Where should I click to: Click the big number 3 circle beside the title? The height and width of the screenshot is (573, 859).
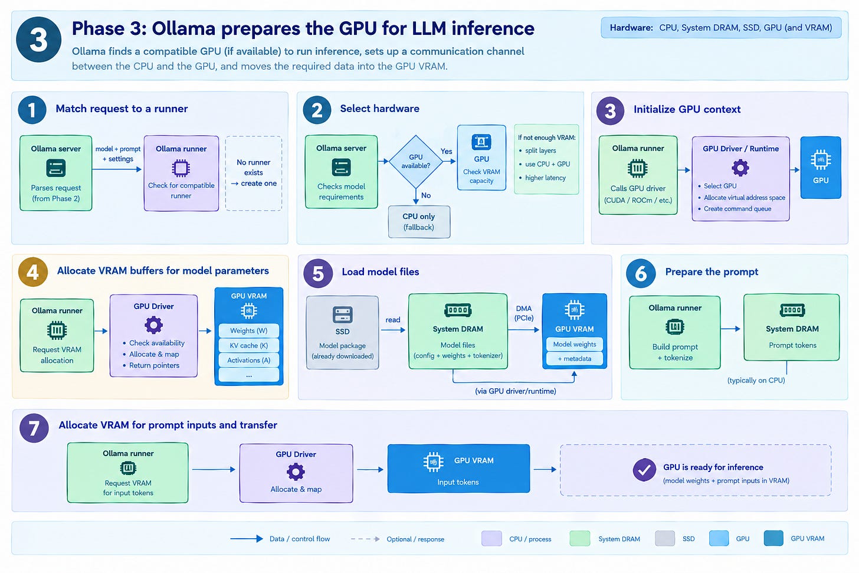(x=38, y=40)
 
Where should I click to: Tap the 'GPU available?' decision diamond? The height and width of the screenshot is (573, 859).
(x=416, y=161)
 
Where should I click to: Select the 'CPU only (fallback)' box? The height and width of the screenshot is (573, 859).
(x=419, y=222)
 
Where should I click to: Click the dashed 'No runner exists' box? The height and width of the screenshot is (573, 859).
(x=254, y=173)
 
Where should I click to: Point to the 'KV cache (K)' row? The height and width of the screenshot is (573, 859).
(x=248, y=345)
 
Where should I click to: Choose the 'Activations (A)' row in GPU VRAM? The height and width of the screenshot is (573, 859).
(x=248, y=360)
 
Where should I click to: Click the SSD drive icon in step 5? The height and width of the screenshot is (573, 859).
(x=342, y=315)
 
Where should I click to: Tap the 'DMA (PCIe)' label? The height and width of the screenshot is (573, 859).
(x=524, y=313)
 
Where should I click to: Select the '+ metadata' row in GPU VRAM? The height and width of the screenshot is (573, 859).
(x=574, y=359)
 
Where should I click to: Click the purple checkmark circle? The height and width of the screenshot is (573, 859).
(x=644, y=470)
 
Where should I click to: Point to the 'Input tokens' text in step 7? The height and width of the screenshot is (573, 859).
(x=458, y=482)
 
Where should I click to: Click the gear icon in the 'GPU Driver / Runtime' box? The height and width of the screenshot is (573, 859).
(x=740, y=168)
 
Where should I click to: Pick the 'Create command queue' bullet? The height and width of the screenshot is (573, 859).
(x=735, y=209)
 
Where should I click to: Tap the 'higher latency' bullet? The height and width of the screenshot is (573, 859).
(x=542, y=178)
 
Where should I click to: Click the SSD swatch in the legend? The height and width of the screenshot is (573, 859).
(x=664, y=539)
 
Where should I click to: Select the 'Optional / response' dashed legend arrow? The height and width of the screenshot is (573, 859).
(x=365, y=539)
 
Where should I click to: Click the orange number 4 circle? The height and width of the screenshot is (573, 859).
(x=32, y=272)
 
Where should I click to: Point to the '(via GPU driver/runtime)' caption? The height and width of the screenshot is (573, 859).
(x=516, y=391)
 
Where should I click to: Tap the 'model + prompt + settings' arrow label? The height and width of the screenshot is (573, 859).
(x=118, y=154)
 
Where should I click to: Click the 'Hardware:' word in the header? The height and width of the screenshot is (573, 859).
(x=631, y=28)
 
